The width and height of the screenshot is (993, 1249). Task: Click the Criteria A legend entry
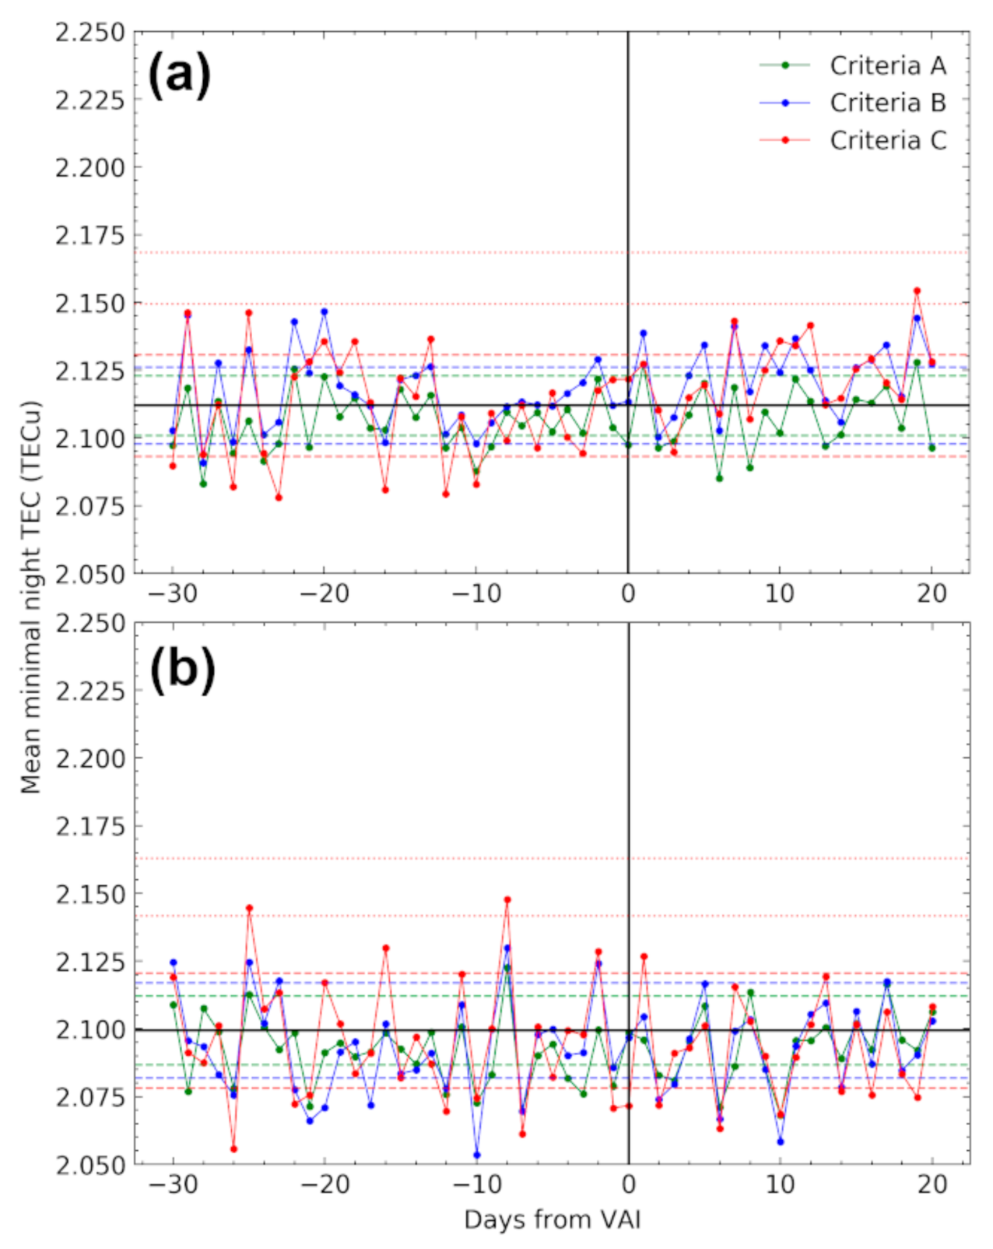(887, 66)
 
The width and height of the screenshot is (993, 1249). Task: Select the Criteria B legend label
(887, 103)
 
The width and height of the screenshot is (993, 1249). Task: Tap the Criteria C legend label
(887, 141)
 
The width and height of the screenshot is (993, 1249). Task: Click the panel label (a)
(180, 76)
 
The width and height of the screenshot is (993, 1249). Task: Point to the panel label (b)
(182, 668)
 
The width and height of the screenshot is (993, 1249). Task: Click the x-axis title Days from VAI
(552, 1219)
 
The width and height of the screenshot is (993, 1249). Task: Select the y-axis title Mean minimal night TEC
(30, 597)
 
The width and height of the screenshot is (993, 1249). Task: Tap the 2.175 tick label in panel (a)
(89, 235)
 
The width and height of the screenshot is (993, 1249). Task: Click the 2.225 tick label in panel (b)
(89, 691)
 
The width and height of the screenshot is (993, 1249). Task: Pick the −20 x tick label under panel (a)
(325, 594)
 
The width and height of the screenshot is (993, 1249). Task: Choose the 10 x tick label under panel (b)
(780, 1185)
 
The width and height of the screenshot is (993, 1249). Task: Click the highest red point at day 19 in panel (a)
(917, 291)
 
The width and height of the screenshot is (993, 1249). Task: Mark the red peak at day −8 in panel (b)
(507, 900)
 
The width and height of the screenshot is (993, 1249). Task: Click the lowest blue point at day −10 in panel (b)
(477, 1156)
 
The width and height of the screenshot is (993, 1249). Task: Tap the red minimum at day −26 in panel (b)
(233, 1149)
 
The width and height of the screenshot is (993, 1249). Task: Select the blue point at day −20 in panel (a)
(325, 312)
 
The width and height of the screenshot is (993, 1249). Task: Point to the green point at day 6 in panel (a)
(719, 478)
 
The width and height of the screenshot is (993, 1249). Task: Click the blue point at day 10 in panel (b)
(781, 1142)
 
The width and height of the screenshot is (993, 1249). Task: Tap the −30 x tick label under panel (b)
(173, 1185)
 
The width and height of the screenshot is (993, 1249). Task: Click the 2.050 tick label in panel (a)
(89, 575)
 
